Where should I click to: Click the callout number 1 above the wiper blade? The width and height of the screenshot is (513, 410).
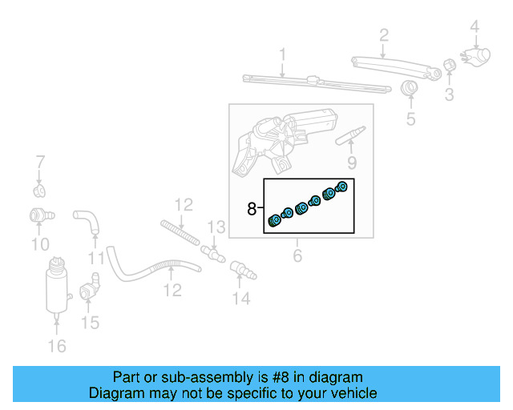tap(282, 54)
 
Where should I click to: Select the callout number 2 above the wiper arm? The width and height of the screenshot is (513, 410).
tap(384, 34)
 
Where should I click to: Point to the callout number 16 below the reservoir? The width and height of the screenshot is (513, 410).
tap(57, 346)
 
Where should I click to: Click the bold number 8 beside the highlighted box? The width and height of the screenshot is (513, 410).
tap(252, 209)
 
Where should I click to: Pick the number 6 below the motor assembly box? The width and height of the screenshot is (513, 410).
tap(297, 256)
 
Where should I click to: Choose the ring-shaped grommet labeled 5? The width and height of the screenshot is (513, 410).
tap(410, 89)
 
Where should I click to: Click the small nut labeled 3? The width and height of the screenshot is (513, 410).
tap(450, 64)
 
